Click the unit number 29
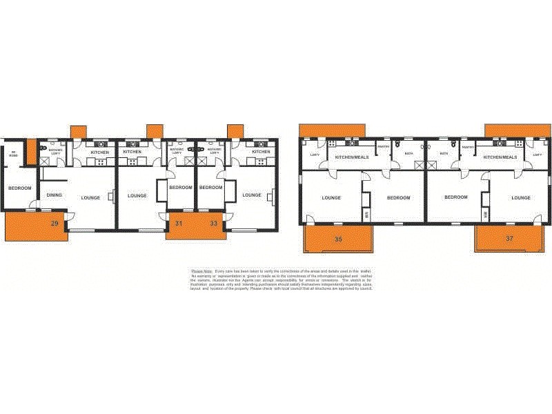(x=54, y=223)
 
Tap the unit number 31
(x=178, y=223)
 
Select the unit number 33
(x=214, y=223)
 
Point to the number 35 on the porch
(x=338, y=239)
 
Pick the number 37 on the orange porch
(x=509, y=239)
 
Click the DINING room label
(x=55, y=195)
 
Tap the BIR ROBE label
(x=13, y=155)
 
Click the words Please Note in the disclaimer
(x=201, y=271)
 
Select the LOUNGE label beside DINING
(x=90, y=198)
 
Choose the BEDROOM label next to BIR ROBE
(x=19, y=188)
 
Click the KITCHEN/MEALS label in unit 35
(x=351, y=157)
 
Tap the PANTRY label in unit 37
(x=467, y=147)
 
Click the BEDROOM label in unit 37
(x=456, y=197)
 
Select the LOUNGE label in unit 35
(x=332, y=198)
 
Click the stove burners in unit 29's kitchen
(x=101, y=162)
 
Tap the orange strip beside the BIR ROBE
(x=31, y=152)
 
